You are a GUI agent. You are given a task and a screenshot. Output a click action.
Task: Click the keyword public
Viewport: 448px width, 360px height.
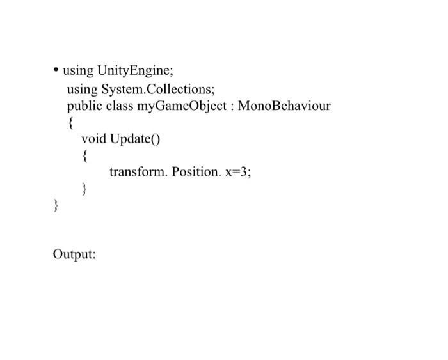84,106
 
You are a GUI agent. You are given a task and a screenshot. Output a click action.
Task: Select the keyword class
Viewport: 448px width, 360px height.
120,106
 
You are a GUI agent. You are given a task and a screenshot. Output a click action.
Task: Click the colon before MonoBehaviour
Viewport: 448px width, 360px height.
232,106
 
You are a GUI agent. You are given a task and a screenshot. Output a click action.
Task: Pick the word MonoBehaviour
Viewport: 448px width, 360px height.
284,106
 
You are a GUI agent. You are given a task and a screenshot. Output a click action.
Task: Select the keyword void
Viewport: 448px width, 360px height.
94,139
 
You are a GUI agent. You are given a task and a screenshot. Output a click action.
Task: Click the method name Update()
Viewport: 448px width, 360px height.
134,139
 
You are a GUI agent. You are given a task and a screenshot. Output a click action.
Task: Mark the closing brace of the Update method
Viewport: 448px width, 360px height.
84,189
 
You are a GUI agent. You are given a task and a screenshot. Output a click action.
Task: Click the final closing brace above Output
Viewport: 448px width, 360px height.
56,206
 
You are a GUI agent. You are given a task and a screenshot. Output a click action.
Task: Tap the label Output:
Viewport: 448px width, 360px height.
74,254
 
